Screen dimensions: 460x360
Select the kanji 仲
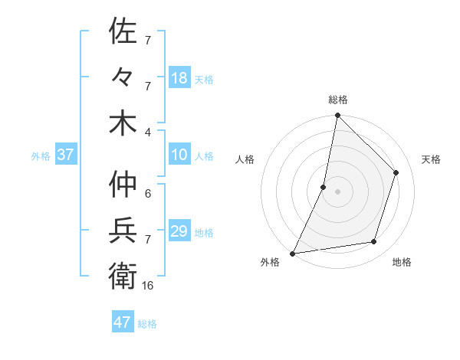[123, 185]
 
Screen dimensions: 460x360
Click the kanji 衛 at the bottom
[123, 275]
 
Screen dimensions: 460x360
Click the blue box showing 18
[179, 77]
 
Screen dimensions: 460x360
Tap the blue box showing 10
[179, 155]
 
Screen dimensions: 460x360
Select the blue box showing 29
[179, 231]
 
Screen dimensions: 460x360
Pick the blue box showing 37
[65, 155]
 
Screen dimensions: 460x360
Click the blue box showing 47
[123, 322]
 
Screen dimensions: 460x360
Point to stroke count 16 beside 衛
[148, 285]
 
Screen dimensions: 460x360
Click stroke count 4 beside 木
[148, 132]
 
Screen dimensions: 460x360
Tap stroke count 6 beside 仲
[148, 194]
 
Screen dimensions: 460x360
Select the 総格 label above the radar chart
[338, 100]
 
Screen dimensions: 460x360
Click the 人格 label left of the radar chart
[245, 159]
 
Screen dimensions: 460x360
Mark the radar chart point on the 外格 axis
[293, 254]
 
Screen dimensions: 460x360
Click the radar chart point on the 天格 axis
[396, 172]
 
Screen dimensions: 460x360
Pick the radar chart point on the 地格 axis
[374, 242]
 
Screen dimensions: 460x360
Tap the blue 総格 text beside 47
[147, 324]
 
